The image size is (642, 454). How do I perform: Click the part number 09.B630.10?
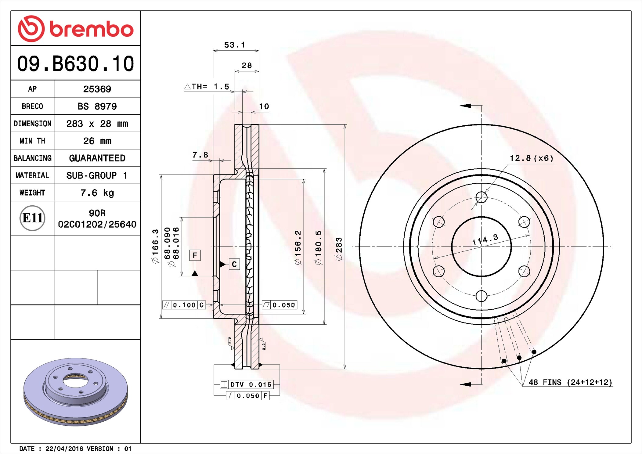[x=75, y=64]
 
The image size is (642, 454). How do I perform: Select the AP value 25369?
[x=97, y=89]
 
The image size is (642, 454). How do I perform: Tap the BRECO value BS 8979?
[x=97, y=106]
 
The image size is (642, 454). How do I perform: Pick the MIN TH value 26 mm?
[x=97, y=141]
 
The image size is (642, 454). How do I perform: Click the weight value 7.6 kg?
[x=97, y=193]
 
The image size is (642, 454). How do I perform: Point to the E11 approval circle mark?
[x=32, y=218]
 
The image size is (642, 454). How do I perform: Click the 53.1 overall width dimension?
[x=234, y=45]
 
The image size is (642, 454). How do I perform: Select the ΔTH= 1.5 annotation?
[x=207, y=87]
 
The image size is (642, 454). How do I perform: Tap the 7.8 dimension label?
[x=200, y=155]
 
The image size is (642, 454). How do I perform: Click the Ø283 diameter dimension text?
[x=339, y=249]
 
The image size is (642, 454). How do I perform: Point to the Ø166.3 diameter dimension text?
[x=156, y=246]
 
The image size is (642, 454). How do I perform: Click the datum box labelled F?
[x=195, y=255]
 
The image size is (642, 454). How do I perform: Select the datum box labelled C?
[x=234, y=264]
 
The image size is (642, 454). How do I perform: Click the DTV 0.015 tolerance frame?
[x=246, y=384]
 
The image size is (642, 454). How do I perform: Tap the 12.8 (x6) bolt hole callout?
[x=531, y=158]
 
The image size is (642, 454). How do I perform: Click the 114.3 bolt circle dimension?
[x=485, y=240]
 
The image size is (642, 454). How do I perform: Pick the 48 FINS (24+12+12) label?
[x=570, y=382]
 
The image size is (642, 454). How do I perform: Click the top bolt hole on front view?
[x=481, y=197]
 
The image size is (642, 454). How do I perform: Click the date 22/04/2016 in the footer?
[x=64, y=449]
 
